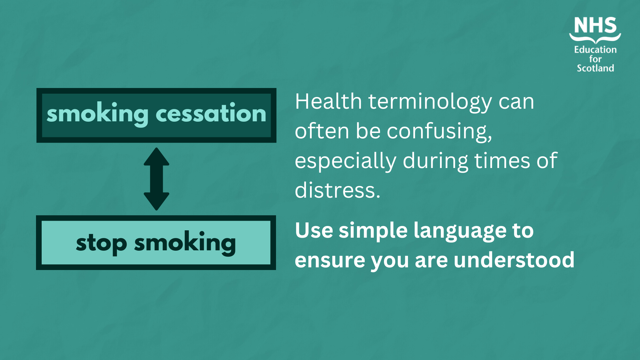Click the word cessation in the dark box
click(211, 113)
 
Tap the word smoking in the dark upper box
click(97, 114)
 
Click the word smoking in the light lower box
click(185, 243)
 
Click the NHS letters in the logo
click(595, 25)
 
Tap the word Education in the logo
click(595, 50)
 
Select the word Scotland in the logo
click(595, 68)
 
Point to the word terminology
click(430, 102)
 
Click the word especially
click(345, 161)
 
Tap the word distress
click(337, 190)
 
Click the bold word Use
click(314, 230)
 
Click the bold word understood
click(514, 260)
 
